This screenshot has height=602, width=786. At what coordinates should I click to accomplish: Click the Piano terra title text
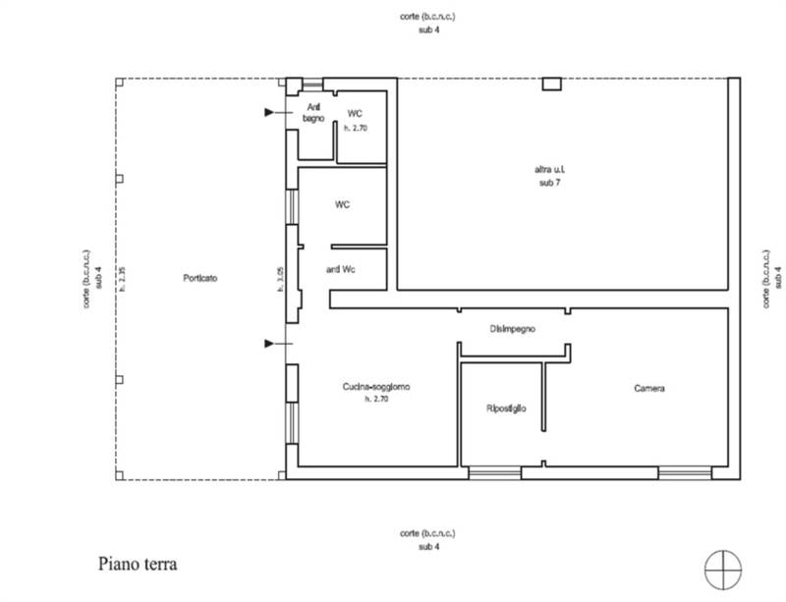pyautogui.click(x=138, y=565)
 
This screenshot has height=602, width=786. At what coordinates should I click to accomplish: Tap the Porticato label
pyautogui.click(x=199, y=278)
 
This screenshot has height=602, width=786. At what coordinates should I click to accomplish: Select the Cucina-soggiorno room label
pyautogui.click(x=375, y=388)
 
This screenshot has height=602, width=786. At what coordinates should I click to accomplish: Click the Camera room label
pyautogui.click(x=648, y=388)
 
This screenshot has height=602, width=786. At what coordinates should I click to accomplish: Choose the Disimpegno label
pyautogui.click(x=512, y=328)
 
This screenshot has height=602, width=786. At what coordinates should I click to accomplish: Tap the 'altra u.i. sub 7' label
pyautogui.click(x=549, y=176)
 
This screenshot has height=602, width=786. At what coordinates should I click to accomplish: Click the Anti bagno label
pyautogui.click(x=313, y=112)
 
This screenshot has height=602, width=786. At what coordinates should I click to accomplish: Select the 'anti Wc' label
pyautogui.click(x=340, y=269)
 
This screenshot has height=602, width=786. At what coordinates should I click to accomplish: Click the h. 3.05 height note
pyautogui.click(x=280, y=277)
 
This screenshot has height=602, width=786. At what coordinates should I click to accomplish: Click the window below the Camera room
pyautogui.click(x=684, y=473)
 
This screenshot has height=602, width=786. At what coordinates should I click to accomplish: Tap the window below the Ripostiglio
pyautogui.click(x=494, y=473)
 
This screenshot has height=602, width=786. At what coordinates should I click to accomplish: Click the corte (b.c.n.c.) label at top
pyautogui.click(x=427, y=18)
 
